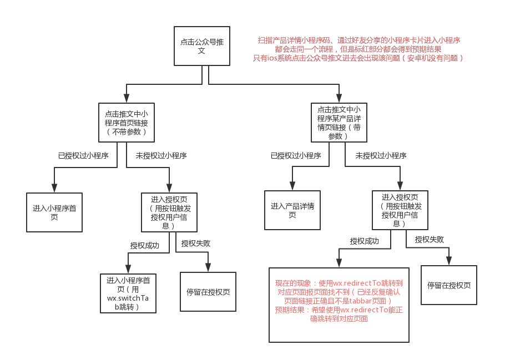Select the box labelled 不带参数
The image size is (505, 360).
(x=126, y=123)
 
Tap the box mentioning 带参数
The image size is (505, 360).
(x=339, y=123)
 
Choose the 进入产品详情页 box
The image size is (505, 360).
(x=292, y=210)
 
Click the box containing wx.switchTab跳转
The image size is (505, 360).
(x=128, y=292)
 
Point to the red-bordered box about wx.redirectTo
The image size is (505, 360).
(x=339, y=303)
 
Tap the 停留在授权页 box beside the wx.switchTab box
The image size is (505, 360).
(x=208, y=292)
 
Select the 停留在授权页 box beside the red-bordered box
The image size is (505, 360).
(x=449, y=285)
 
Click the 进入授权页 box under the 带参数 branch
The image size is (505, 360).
(x=399, y=210)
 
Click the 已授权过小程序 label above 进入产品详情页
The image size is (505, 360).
(x=296, y=156)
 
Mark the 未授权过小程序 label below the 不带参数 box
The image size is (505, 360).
(x=161, y=156)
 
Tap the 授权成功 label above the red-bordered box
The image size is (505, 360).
(x=365, y=241)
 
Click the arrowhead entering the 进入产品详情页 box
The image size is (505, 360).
(x=292, y=186)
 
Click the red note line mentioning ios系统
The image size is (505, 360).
(x=358, y=58)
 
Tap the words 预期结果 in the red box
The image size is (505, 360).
(x=289, y=311)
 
